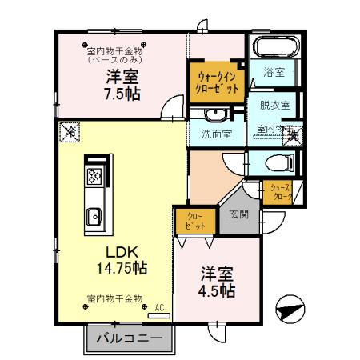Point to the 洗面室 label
click(216, 134)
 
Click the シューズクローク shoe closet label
click(282, 190)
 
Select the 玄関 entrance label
click(238, 214)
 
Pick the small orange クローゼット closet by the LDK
click(194, 221)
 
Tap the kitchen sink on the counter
click(94, 214)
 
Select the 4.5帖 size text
click(217, 290)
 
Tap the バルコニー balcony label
click(130, 338)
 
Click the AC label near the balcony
click(158, 306)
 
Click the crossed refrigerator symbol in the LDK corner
click(70, 131)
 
